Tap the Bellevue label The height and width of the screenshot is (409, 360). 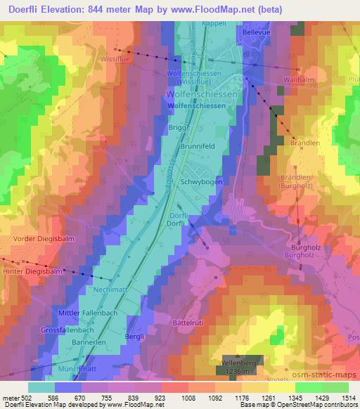[257, 32]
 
